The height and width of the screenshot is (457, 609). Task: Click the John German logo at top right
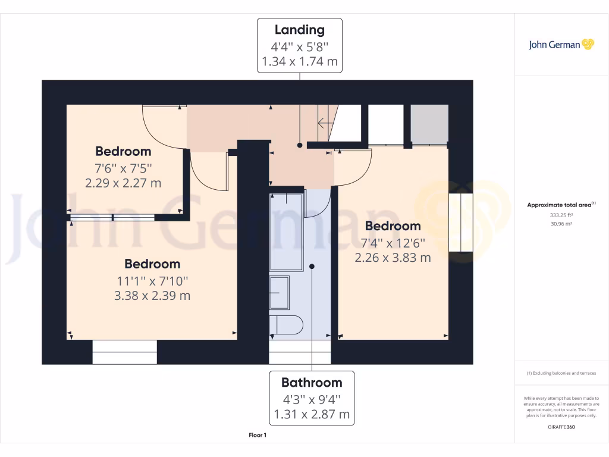(561, 45)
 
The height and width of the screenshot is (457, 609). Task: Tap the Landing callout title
(299, 30)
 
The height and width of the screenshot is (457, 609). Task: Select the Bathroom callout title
(312, 383)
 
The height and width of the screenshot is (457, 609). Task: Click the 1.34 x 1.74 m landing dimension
(299, 61)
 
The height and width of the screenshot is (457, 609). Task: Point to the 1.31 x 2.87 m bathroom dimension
(312, 414)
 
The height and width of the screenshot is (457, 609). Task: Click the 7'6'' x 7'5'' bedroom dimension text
(123, 167)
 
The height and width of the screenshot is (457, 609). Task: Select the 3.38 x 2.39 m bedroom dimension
(152, 295)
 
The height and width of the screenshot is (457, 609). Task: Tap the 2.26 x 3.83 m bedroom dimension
(393, 258)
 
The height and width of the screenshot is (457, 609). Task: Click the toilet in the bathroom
(286, 325)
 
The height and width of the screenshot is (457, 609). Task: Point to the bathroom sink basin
(279, 292)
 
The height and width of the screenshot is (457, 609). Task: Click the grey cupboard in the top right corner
(429, 124)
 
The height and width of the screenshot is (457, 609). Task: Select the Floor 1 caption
(258, 436)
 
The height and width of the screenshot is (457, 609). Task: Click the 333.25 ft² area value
(561, 215)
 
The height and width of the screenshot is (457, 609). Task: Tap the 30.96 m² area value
(561, 224)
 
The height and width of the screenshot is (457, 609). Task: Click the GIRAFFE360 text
(561, 427)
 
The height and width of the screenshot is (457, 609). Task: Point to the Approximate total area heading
(561, 205)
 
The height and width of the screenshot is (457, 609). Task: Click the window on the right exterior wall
(460, 223)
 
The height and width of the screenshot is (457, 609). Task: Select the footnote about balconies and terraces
(561, 373)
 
